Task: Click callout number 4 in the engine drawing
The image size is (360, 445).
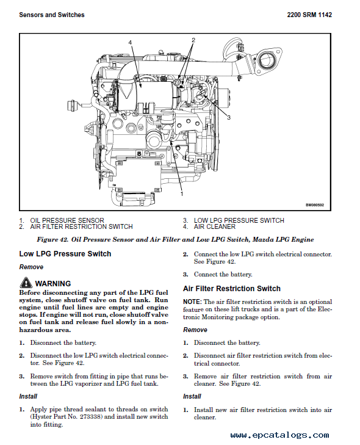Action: click(130, 42)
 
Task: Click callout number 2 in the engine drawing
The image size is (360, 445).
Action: click(193, 40)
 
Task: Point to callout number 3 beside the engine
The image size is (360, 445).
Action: click(228, 117)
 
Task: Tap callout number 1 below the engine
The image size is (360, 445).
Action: click(181, 193)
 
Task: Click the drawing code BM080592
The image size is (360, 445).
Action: click(315, 205)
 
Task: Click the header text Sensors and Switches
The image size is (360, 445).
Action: click(52, 15)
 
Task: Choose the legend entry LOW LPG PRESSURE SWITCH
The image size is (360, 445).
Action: click(239, 220)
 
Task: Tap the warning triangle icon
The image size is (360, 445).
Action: click(26, 283)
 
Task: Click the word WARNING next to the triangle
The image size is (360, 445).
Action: click(53, 283)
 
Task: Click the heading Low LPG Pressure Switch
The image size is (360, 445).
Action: click(65, 254)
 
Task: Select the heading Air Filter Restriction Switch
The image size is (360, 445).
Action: click(232, 289)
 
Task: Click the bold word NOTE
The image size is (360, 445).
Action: click(192, 302)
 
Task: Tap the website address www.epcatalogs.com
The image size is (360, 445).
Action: click(279, 435)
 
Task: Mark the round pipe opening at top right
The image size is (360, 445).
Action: click(267, 59)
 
